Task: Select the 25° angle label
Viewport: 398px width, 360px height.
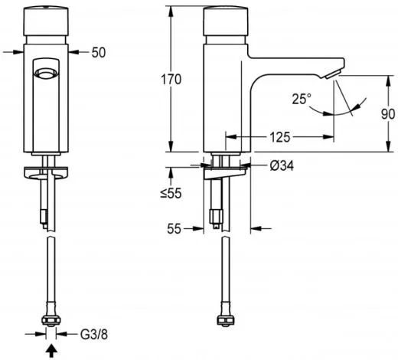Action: (x=302, y=99)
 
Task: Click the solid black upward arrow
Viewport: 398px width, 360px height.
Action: (x=51, y=352)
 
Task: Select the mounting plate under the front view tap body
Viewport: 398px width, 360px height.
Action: (x=47, y=169)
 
